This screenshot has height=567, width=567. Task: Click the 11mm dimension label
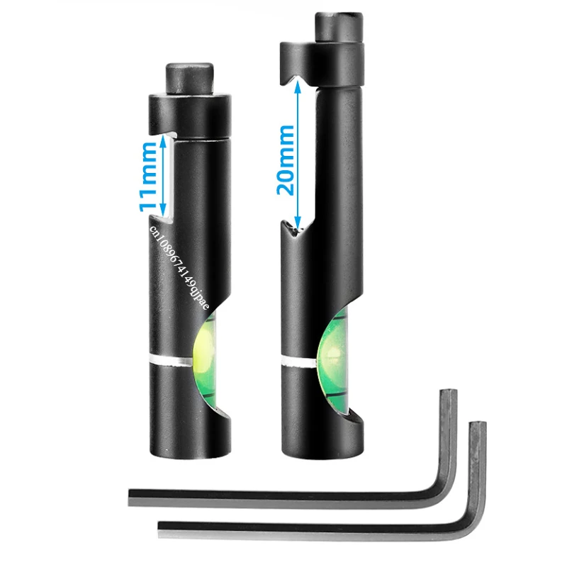148,176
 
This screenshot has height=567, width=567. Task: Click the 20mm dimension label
286,160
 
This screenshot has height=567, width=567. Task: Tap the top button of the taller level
339,28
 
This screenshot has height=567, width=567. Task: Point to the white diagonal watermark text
179,267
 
